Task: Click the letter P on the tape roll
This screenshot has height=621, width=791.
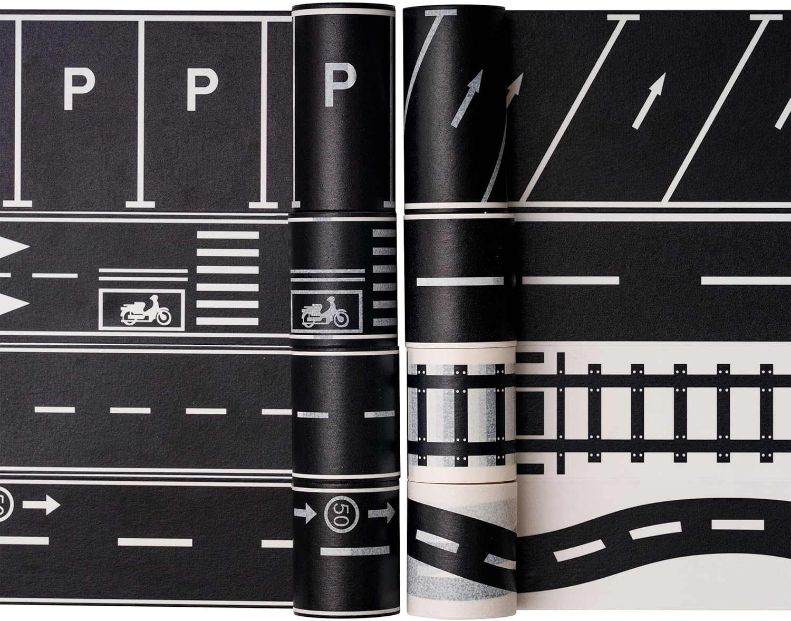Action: pyautogui.click(x=340, y=84)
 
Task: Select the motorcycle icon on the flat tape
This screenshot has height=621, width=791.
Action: pyautogui.click(x=146, y=309)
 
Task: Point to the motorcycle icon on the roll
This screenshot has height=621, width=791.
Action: pyautogui.click(x=325, y=312)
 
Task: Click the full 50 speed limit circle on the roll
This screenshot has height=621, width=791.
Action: pyautogui.click(x=341, y=515)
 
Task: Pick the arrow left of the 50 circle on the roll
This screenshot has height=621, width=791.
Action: pyautogui.click(x=305, y=513)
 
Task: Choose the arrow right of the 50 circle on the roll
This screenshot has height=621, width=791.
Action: pyautogui.click(x=381, y=512)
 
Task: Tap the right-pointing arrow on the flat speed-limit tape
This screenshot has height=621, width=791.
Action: pyautogui.click(x=41, y=504)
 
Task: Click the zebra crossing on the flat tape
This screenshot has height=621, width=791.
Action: pyautogui.click(x=227, y=278)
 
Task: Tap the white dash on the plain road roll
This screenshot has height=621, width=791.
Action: pyautogui.click(x=460, y=281)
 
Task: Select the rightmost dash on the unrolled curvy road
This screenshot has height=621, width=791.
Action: pyautogui.click(x=738, y=525)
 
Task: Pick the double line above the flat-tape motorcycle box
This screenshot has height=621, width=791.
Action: pyautogui.click(x=143, y=275)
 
